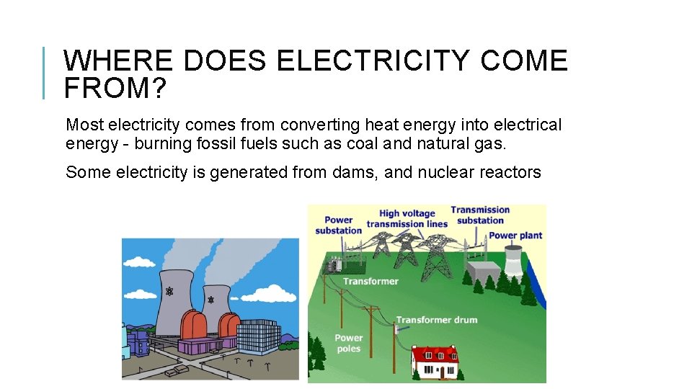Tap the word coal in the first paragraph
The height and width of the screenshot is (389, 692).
360,143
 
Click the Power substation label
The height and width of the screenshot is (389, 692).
338,225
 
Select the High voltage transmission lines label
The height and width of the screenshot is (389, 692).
407,218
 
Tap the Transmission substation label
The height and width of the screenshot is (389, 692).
480,215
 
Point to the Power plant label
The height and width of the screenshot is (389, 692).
515,236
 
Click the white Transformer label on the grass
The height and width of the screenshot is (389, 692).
371,281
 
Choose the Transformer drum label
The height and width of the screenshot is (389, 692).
436,319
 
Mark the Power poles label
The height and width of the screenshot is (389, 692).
348,343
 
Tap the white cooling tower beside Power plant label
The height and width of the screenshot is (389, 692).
513,260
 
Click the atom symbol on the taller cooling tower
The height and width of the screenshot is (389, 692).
170,291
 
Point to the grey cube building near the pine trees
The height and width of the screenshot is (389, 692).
481,272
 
